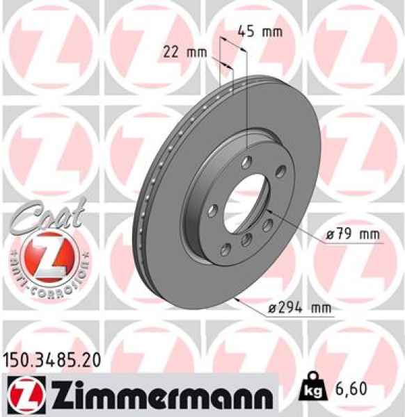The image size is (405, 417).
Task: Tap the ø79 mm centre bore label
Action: coord(354,235)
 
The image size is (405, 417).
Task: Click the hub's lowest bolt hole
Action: coord(223,251)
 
